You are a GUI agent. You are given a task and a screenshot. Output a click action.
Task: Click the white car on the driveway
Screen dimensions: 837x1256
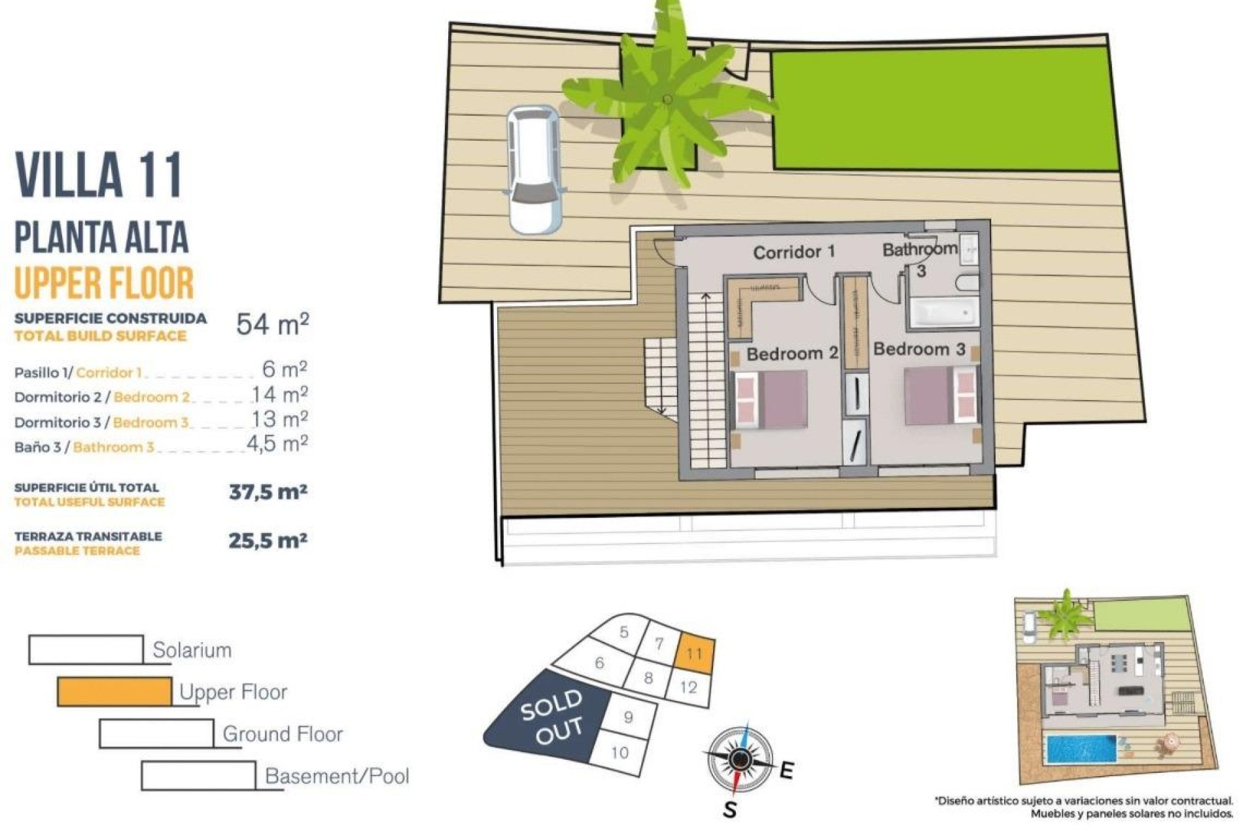534,169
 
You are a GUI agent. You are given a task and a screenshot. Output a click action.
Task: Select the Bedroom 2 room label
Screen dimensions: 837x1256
792,354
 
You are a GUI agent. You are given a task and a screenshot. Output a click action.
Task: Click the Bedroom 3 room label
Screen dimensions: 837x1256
919,349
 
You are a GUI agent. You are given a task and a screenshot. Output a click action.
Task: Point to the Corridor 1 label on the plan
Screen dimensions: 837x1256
794,252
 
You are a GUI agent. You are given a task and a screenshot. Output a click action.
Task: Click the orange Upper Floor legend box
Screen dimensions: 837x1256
114,692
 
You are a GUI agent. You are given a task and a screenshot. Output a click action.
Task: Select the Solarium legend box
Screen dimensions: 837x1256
86,650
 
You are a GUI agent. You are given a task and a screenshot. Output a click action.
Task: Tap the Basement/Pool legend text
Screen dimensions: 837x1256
337,776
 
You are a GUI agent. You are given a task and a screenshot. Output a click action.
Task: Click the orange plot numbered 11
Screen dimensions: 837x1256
695,653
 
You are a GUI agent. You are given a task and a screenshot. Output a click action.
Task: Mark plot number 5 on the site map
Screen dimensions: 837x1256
623,632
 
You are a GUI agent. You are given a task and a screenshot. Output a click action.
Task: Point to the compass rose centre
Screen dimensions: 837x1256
740,759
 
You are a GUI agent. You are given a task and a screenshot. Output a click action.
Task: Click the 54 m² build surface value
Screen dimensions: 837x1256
272,324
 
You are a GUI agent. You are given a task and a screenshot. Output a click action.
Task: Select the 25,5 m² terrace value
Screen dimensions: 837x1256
268,541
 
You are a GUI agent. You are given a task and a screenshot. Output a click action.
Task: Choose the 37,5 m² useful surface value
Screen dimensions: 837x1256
268,492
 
